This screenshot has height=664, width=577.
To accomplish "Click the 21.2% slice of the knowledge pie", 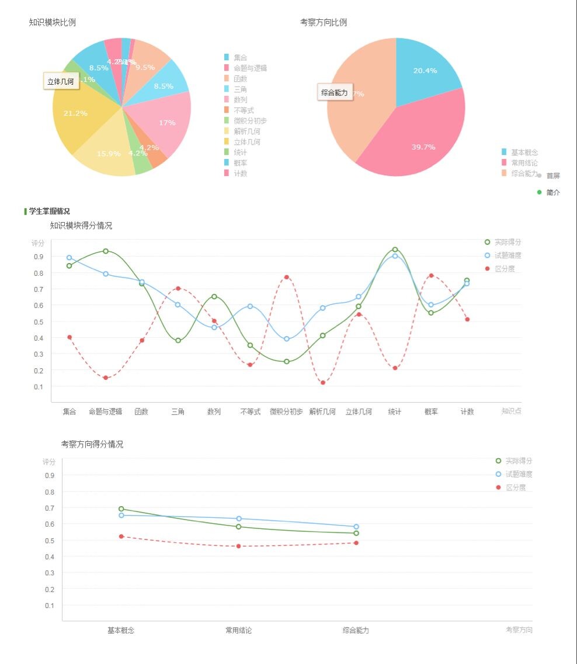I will coord(76,113).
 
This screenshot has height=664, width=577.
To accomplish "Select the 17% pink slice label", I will coord(167,123).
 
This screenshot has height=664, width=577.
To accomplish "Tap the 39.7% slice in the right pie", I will coord(423,147).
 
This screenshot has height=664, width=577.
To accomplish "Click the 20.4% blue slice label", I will coord(425,71).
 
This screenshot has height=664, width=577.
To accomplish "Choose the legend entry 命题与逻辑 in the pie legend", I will coord(250,68).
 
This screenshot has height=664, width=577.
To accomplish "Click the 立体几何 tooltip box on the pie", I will coord(61,82).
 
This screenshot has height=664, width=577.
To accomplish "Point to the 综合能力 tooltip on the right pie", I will coord(335,92).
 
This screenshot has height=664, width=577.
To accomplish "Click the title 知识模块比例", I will coord(52,23).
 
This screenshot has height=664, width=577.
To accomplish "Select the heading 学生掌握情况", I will coord(49,212).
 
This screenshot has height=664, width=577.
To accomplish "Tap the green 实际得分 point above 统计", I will coord(395,250).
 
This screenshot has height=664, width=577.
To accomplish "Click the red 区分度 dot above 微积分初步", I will coord(286,277).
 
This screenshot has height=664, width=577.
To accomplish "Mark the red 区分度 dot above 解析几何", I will coord(322,383).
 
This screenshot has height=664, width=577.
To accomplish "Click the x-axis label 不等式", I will coord(250,411).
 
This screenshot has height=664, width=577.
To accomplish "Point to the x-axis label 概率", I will coord(431,411).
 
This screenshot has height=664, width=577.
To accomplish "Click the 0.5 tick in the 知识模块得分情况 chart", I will coord(39,321).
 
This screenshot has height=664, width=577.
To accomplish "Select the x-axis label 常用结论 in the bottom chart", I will coord(239,631).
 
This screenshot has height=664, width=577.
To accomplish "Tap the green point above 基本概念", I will coord(121,509).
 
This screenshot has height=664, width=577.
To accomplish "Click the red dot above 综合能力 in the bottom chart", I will coord(356,543).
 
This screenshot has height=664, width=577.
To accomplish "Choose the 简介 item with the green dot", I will coord(552,193).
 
